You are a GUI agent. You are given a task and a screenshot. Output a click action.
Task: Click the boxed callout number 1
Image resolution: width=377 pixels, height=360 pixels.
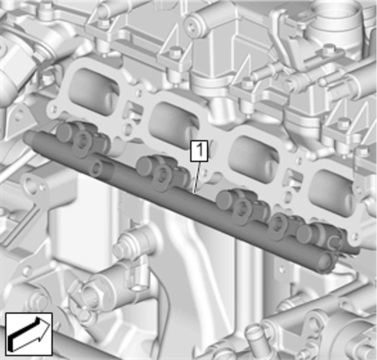(x=199, y=151)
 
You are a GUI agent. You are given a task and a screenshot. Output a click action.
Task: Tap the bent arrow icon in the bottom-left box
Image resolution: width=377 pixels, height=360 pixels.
(x=29, y=334)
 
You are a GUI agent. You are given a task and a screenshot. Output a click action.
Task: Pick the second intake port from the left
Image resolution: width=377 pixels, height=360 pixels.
(x=173, y=125)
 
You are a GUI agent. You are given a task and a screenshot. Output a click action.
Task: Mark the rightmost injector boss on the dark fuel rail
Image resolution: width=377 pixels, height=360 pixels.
(x=320, y=237)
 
